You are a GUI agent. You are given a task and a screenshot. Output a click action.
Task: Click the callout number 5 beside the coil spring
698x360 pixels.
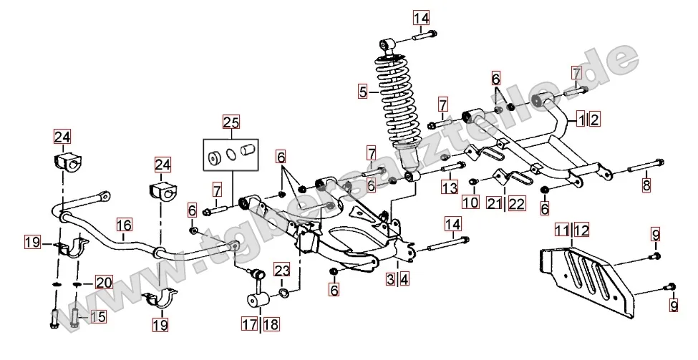(x=363, y=92)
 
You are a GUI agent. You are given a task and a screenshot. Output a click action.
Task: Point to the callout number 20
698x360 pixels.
(x=105, y=283)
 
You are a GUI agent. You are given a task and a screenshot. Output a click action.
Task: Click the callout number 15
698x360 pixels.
(x=97, y=316)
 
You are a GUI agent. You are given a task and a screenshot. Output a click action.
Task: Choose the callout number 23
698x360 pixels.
(x=281, y=271)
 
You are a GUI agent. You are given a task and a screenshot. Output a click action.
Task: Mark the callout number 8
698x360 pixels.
(x=646, y=185)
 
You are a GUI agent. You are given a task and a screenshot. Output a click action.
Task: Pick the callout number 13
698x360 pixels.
(x=449, y=188)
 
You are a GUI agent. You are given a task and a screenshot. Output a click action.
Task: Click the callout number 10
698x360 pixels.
(x=470, y=202)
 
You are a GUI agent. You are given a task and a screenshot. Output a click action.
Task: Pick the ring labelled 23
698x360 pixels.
(x=283, y=293)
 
